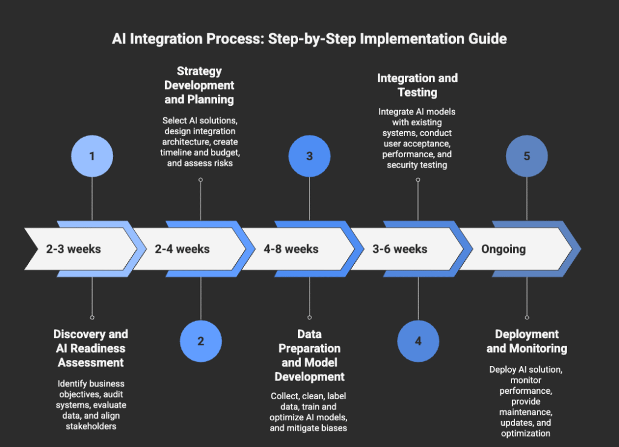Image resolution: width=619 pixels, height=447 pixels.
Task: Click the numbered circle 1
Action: point(92,156)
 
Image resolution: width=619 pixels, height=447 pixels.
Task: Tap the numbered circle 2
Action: point(201,341)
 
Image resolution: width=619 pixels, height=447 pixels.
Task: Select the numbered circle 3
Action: point(309,156)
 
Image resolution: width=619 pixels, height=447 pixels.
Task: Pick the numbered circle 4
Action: point(418,341)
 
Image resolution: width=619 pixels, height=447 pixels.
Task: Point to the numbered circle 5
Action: point(527,156)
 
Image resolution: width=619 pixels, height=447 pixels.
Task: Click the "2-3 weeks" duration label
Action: point(74,249)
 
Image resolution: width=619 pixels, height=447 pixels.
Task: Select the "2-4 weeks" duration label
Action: point(183,249)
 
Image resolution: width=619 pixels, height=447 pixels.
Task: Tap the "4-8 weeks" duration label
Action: point(291,249)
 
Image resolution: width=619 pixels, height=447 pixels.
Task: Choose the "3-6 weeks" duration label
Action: point(400,249)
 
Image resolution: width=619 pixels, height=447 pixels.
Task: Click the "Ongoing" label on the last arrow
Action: point(504,249)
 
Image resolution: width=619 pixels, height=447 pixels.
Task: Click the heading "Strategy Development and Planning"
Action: point(199,85)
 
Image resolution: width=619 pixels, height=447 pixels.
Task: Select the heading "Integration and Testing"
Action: point(417,85)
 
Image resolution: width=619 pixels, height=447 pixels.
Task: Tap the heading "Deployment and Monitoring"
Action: point(527,341)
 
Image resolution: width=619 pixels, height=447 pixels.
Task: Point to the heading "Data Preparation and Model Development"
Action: point(309,355)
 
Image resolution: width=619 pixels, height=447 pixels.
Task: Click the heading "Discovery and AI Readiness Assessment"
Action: point(91,348)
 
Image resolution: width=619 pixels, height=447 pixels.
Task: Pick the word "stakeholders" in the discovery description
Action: point(91,426)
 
